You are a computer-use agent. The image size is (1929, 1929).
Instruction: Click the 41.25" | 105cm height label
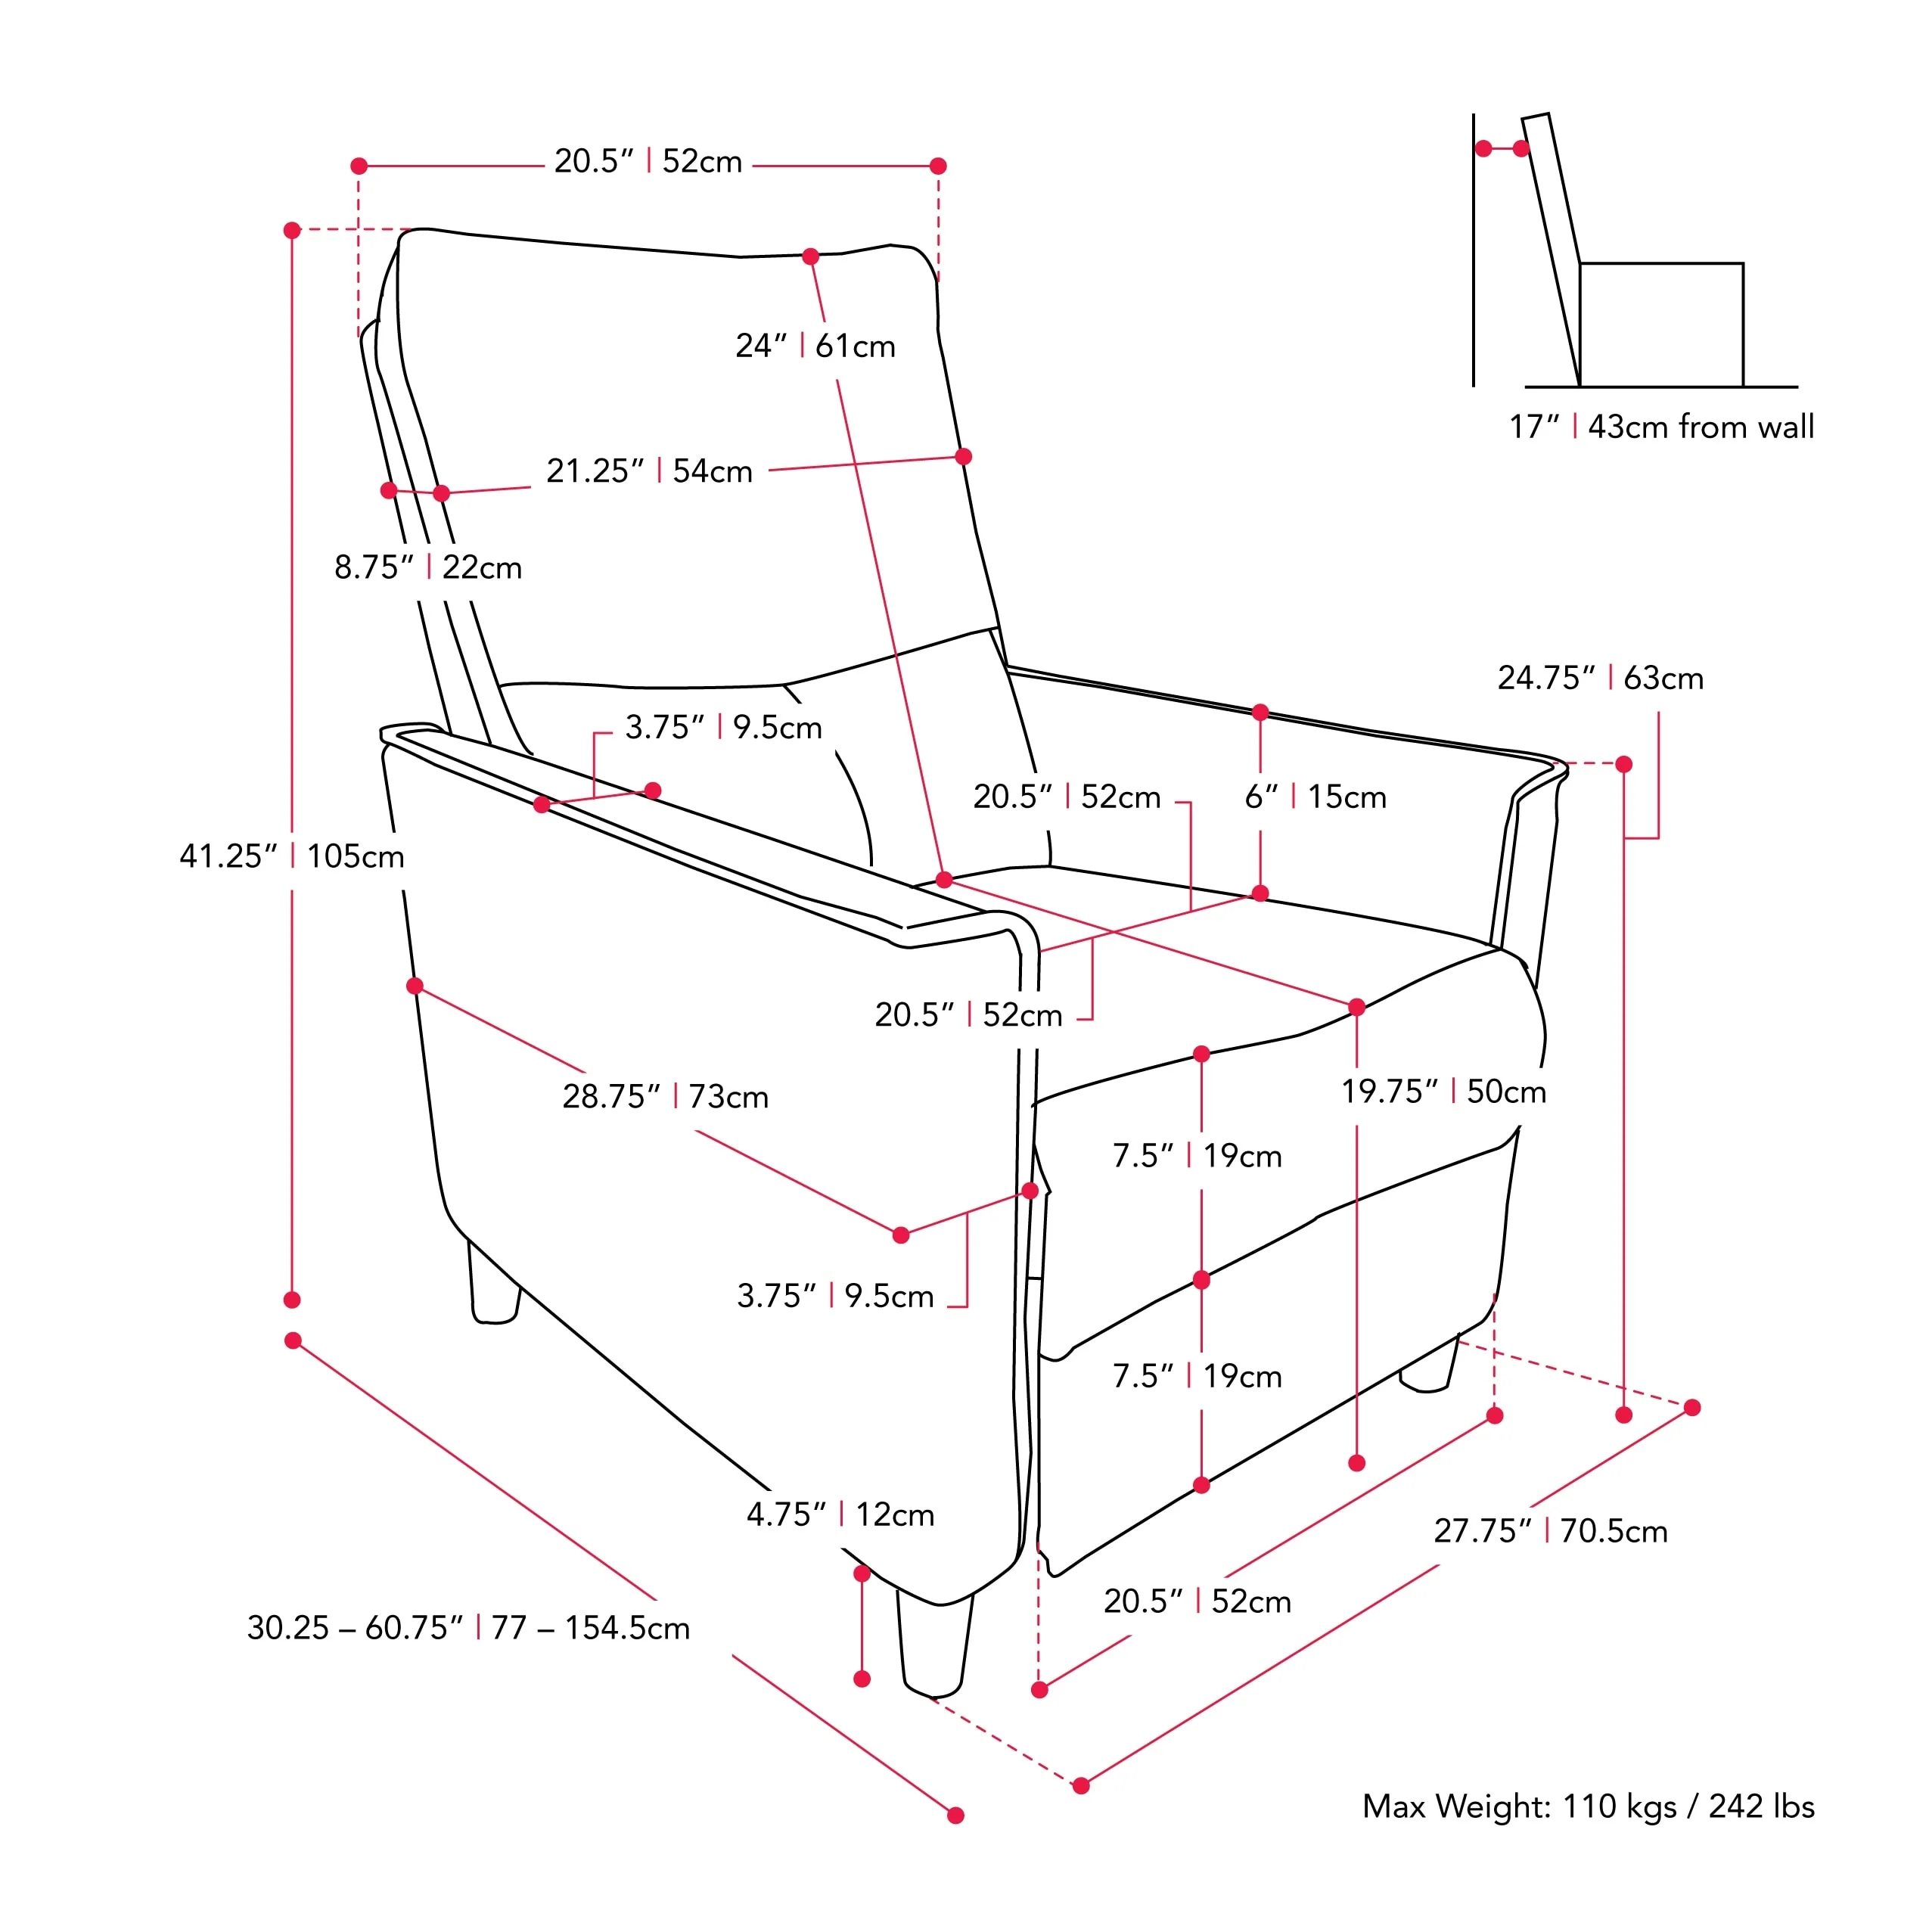click(x=291, y=856)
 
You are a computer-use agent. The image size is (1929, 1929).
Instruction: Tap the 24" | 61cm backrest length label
click(x=815, y=346)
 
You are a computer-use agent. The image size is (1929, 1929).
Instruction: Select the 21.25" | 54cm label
click(x=649, y=471)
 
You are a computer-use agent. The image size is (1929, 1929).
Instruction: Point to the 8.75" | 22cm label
click(x=427, y=567)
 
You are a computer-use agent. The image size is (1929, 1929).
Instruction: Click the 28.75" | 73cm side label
click(x=665, y=1096)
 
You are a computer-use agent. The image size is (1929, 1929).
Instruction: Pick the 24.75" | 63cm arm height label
click(x=1599, y=678)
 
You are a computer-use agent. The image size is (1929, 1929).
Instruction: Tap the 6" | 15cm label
click(x=1315, y=797)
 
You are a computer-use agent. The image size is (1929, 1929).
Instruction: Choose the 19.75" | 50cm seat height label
click(x=1443, y=1092)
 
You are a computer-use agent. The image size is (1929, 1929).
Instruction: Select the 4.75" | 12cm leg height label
click(x=840, y=1514)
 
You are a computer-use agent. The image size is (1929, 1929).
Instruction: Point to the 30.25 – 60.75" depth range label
click(x=467, y=1627)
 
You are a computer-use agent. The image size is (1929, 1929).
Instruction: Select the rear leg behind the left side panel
click(x=493, y=1288)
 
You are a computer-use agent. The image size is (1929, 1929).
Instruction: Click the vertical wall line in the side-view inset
click(x=1473, y=250)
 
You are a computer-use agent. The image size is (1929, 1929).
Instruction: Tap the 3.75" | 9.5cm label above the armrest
click(x=723, y=727)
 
